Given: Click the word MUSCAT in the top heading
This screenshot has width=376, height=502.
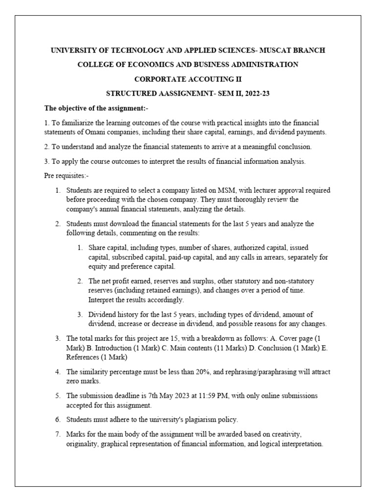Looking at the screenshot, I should tap(275, 50).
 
